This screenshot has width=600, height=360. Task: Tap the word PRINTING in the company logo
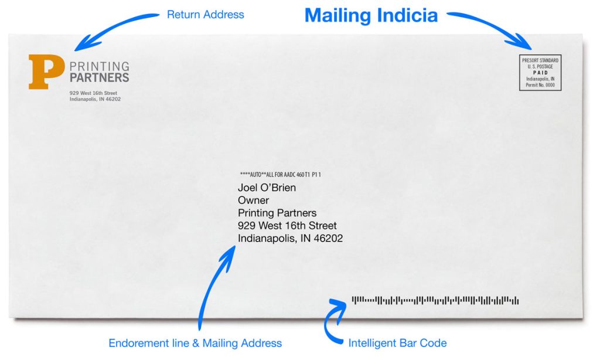click(100, 66)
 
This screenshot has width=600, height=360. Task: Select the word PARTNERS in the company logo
click(100, 77)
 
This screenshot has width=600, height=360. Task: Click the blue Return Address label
click(205, 15)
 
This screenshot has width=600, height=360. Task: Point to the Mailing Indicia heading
click(371, 15)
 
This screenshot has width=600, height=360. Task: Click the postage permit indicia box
click(540, 72)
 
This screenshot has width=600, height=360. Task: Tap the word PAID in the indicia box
click(540, 72)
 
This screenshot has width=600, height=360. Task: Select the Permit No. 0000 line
click(540, 85)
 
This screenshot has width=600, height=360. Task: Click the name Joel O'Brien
click(267, 188)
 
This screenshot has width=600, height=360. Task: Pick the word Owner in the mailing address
click(253, 201)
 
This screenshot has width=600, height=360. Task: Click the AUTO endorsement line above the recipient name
click(281, 175)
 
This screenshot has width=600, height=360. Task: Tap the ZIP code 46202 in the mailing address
click(328, 238)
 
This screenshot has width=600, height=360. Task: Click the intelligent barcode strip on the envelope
click(435, 300)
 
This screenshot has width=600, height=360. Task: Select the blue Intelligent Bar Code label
click(397, 343)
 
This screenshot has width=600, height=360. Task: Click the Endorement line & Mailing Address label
click(195, 343)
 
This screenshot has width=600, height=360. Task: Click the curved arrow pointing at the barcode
click(328, 322)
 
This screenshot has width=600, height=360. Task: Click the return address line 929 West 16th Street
click(93, 93)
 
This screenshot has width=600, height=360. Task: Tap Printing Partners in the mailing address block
click(277, 213)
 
